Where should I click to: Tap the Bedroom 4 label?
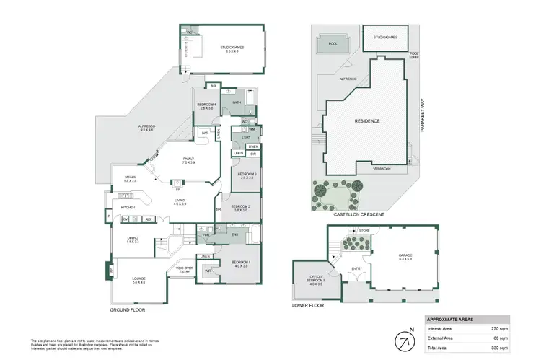pos(206,106)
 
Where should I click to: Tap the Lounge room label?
pos(138,280)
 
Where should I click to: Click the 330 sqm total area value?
pos(499,347)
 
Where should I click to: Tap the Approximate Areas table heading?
pos(451,318)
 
